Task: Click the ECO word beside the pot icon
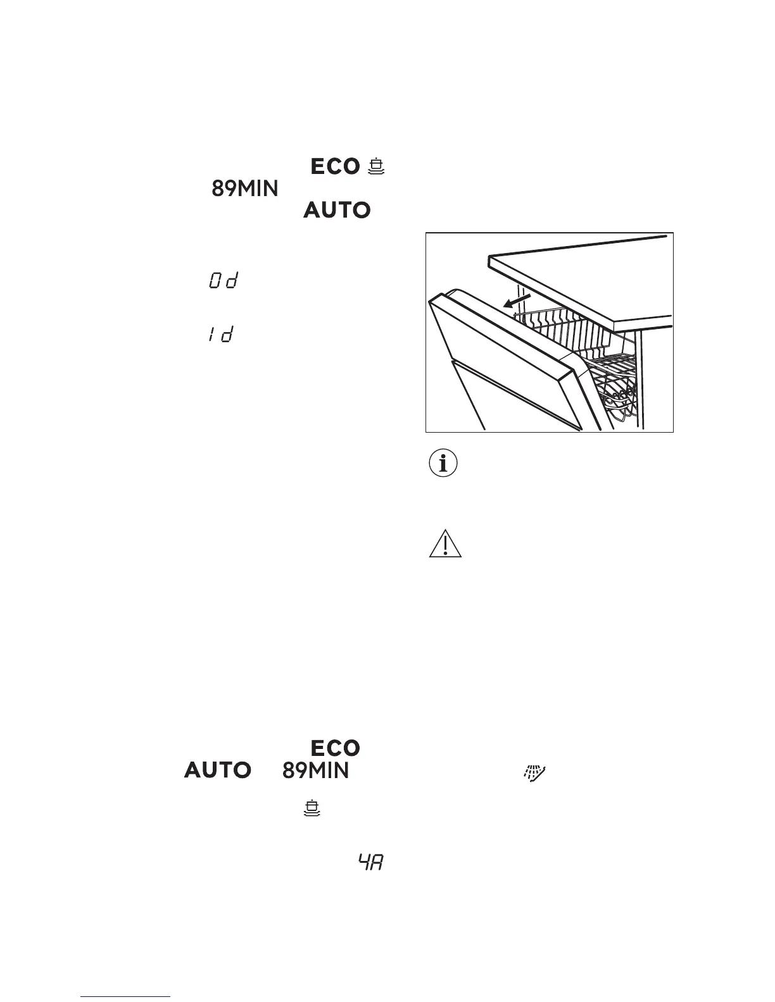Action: [x=335, y=167]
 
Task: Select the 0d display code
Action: [x=222, y=281]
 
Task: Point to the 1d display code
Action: [x=220, y=335]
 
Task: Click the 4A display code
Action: [x=372, y=862]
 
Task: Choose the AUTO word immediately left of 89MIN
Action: [x=218, y=770]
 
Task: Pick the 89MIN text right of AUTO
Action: [x=315, y=770]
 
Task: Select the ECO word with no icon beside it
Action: [x=335, y=748]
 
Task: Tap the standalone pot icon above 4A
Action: [x=312, y=808]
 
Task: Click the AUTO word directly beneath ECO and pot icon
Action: [x=337, y=210]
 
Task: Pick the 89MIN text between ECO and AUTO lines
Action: [x=244, y=189]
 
